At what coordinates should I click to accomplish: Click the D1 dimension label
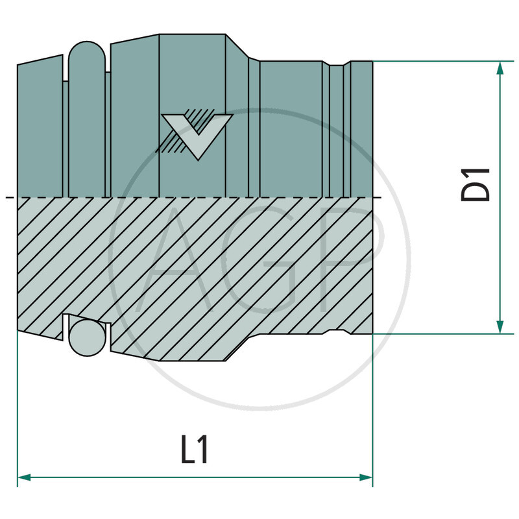pyautogui.click(x=476, y=184)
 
